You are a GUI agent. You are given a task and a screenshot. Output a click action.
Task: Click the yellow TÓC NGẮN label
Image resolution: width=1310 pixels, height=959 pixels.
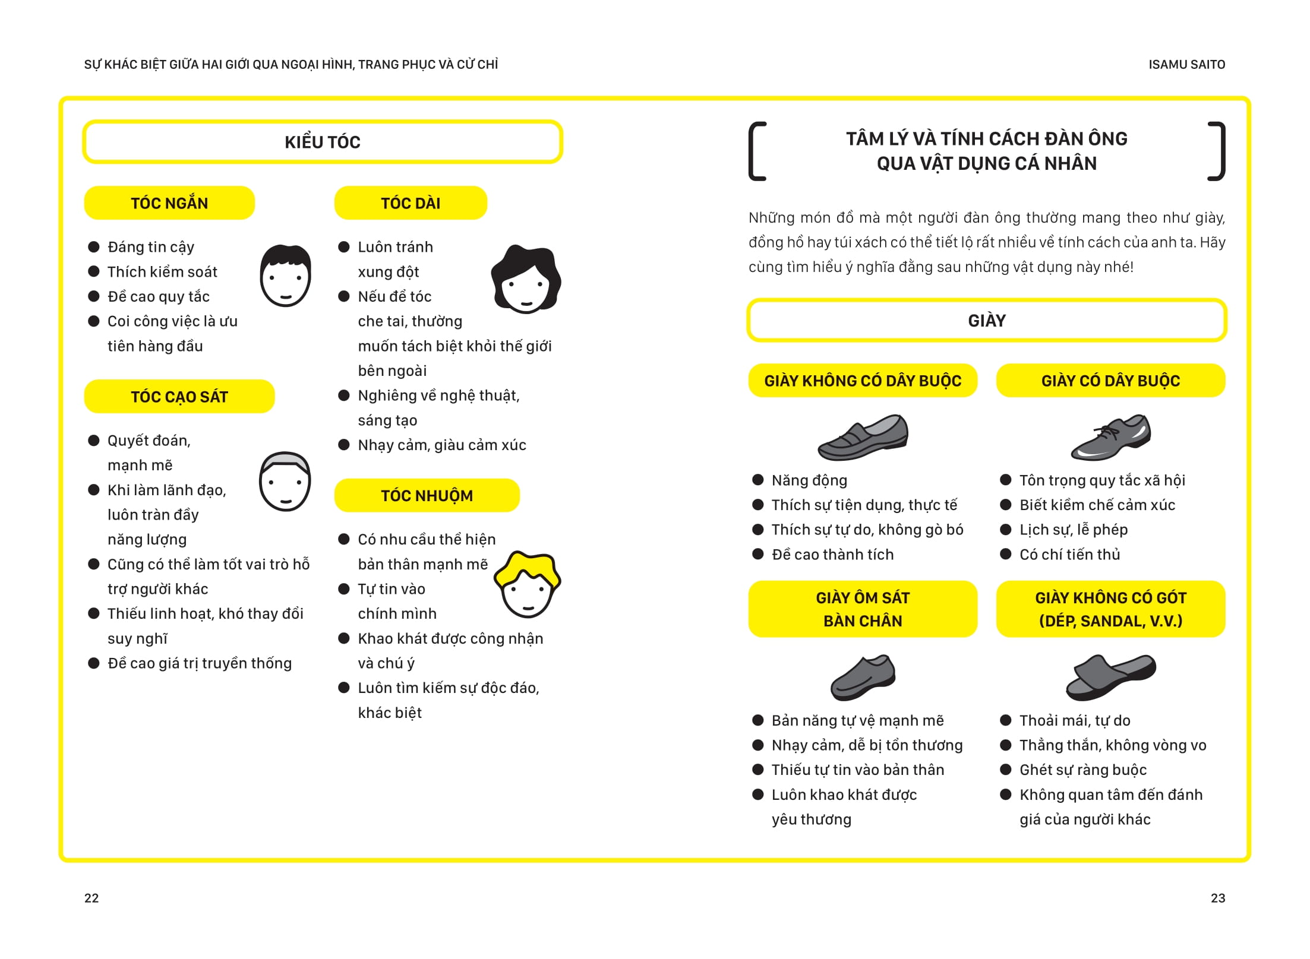pos(169,203)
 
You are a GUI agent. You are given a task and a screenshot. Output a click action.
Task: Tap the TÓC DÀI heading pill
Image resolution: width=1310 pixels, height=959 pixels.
pos(411,203)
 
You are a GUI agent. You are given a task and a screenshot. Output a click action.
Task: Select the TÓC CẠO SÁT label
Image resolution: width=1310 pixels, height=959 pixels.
pos(179,397)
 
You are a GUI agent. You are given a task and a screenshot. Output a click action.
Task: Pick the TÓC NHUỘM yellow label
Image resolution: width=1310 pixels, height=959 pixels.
pos(427,495)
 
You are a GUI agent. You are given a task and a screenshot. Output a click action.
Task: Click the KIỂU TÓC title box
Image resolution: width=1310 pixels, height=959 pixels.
pos(323,142)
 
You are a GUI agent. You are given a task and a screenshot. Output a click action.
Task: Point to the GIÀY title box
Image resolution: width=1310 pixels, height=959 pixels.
pos(986,321)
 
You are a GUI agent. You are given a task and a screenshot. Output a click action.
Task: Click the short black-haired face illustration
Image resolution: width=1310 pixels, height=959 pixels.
pos(285,276)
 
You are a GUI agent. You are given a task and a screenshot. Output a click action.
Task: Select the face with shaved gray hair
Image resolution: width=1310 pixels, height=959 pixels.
pos(285,481)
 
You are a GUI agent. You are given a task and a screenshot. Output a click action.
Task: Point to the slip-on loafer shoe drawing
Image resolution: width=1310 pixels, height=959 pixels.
pos(863,437)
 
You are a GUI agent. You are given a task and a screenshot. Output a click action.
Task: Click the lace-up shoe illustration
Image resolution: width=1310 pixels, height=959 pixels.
pos(1110,437)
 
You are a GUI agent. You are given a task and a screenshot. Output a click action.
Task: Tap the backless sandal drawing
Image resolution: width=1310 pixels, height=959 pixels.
pos(1110,677)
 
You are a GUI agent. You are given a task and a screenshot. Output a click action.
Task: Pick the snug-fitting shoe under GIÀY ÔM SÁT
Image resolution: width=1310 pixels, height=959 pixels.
pos(863,677)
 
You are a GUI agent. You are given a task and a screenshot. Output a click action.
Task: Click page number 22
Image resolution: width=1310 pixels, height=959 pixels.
pos(91,898)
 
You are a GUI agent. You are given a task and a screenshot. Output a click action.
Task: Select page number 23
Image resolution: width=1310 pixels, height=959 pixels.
pos(1218,898)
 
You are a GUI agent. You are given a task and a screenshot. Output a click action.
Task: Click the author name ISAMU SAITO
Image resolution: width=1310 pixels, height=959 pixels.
pos(1186,65)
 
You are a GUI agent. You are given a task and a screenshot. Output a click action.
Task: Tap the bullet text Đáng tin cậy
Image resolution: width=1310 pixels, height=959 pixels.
pos(151,247)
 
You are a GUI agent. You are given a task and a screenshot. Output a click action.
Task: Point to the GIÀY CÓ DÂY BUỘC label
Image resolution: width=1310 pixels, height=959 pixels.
pos(1110,381)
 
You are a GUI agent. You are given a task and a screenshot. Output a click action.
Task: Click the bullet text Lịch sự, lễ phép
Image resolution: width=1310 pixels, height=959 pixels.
pos(1074,530)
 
